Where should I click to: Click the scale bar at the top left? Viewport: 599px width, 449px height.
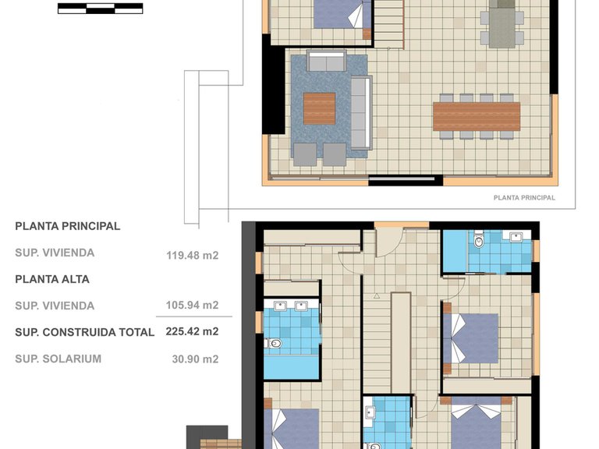[100, 9]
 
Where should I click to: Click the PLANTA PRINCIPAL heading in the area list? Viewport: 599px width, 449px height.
[68, 226]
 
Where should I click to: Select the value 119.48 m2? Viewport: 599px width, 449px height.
[192, 253]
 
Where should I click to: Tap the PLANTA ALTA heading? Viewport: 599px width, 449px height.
[52, 279]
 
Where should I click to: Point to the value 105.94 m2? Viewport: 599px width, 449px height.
[192, 306]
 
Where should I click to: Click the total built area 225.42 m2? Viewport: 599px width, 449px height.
[192, 331]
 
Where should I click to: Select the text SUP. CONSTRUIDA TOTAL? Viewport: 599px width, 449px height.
[84, 332]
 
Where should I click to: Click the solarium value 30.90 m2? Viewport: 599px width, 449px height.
[194, 359]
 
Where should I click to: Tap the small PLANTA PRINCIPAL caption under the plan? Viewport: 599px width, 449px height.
[524, 198]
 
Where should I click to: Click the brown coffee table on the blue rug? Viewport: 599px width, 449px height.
[319, 108]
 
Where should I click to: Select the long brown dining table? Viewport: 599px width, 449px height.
[476, 116]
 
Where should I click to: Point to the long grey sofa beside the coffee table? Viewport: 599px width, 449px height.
[361, 111]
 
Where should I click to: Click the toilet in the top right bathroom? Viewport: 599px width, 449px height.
[479, 242]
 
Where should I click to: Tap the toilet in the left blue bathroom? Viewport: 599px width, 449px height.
[274, 343]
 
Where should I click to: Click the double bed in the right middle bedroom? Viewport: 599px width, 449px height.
[473, 338]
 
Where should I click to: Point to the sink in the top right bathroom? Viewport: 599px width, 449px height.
[515, 236]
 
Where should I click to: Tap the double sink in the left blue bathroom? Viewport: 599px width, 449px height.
[291, 306]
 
